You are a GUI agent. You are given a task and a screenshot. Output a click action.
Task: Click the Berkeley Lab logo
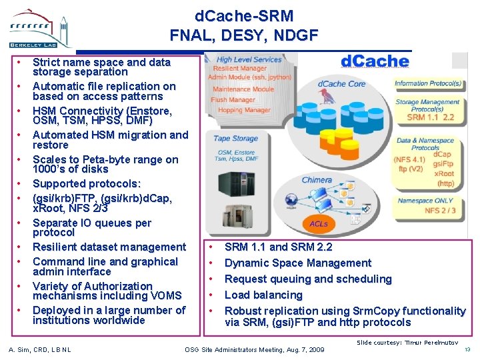tap(38, 28)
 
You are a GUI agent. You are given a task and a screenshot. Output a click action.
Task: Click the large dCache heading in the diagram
tap(375, 61)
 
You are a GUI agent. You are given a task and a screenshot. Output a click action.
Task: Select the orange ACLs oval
tap(319, 224)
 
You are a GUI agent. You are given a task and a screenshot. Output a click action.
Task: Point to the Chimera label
tap(316, 180)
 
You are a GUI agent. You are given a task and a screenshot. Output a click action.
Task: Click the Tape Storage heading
tap(235, 139)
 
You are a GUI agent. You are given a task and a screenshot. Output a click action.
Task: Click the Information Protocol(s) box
tap(428, 84)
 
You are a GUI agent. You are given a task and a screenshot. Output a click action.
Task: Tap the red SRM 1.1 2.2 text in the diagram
tap(431, 117)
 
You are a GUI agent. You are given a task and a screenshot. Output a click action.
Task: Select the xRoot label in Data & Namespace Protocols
tap(444, 173)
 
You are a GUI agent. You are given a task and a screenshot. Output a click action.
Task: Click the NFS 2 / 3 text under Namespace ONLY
tap(440, 211)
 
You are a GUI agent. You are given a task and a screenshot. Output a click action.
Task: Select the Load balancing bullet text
tap(263, 295)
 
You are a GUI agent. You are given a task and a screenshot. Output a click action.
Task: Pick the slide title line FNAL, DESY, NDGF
tap(244, 35)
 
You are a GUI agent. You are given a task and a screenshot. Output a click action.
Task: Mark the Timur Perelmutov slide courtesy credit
tap(407, 342)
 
